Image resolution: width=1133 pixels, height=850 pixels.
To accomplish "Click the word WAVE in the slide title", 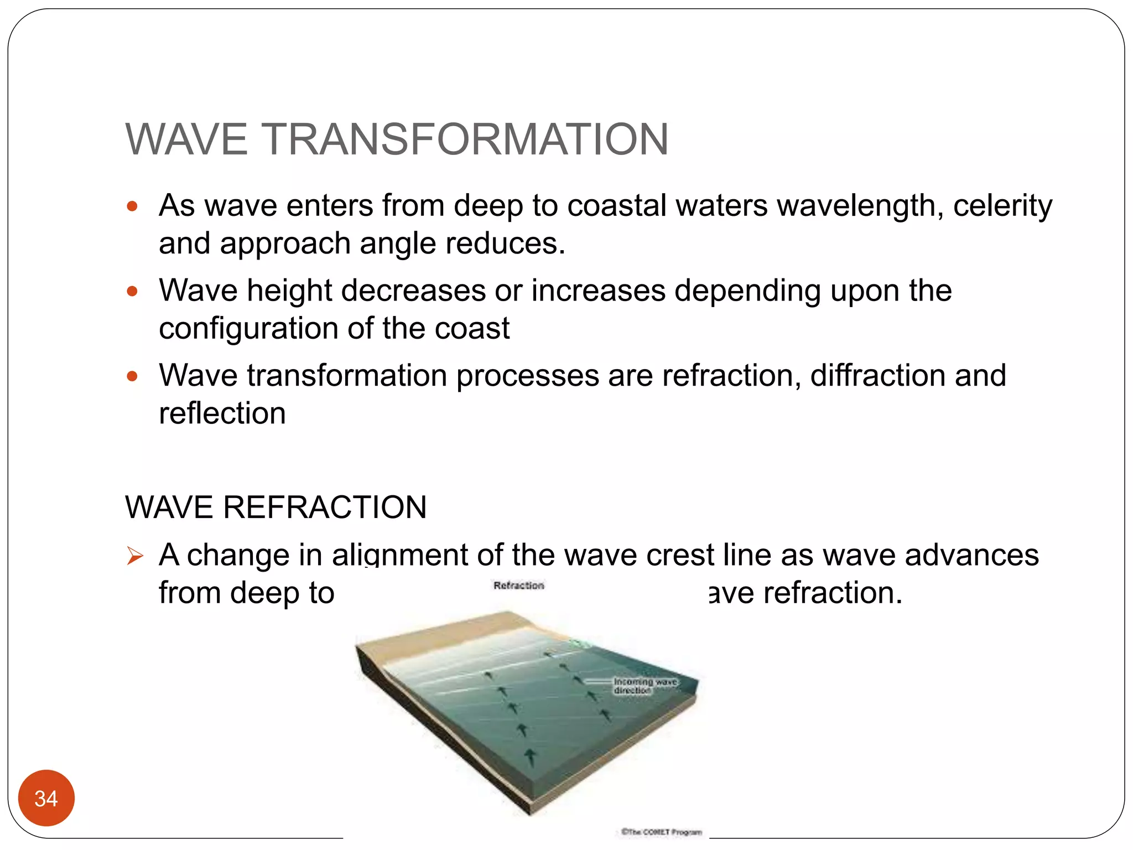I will pos(186,139).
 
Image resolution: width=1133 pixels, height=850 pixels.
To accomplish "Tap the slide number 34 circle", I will pos(46,798).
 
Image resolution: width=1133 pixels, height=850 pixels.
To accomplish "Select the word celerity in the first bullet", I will pos(1002,206).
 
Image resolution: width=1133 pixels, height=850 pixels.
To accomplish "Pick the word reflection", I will pos(222,413).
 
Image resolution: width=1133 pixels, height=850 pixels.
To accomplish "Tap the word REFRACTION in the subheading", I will pos(325,507).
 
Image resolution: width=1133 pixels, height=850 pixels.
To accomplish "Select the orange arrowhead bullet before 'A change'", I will pos(134,556).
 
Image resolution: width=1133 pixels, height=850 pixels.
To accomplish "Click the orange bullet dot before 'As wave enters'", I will pos(132,207).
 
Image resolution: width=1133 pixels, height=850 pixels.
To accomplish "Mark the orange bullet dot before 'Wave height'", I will pos(132,292).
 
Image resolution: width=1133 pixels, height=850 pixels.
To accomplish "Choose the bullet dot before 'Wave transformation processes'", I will pos(132,377).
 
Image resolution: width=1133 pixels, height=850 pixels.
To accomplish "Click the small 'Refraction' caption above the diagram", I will pos(518,585).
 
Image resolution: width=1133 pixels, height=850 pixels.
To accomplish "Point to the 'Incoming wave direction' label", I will pos(645,686).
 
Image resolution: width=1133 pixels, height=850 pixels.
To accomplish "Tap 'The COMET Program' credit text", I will pos(661,832).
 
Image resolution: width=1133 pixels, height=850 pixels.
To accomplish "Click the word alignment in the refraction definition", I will pos(399,555).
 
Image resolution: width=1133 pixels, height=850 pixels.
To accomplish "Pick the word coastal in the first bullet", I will pos(617,206).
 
